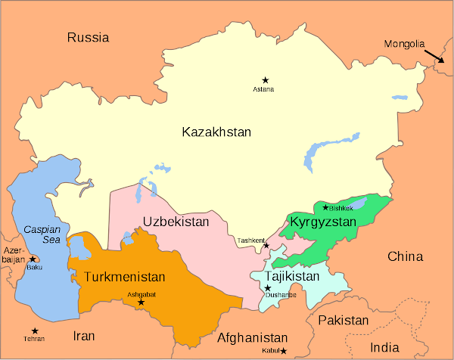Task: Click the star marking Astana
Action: click(265, 79)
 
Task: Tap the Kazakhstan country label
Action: click(216, 132)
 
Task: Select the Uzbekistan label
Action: click(175, 222)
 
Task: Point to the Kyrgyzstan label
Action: click(322, 222)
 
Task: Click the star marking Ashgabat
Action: click(141, 303)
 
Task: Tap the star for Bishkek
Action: click(326, 207)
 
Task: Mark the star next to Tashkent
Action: click(266, 246)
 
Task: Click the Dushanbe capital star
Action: click(267, 288)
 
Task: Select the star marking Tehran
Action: click(34, 331)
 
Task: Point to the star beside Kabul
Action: click(284, 351)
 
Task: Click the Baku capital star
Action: click(33, 259)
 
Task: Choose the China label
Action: click(405, 256)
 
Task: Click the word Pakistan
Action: click(343, 321)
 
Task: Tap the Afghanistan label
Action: click(253, 338)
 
